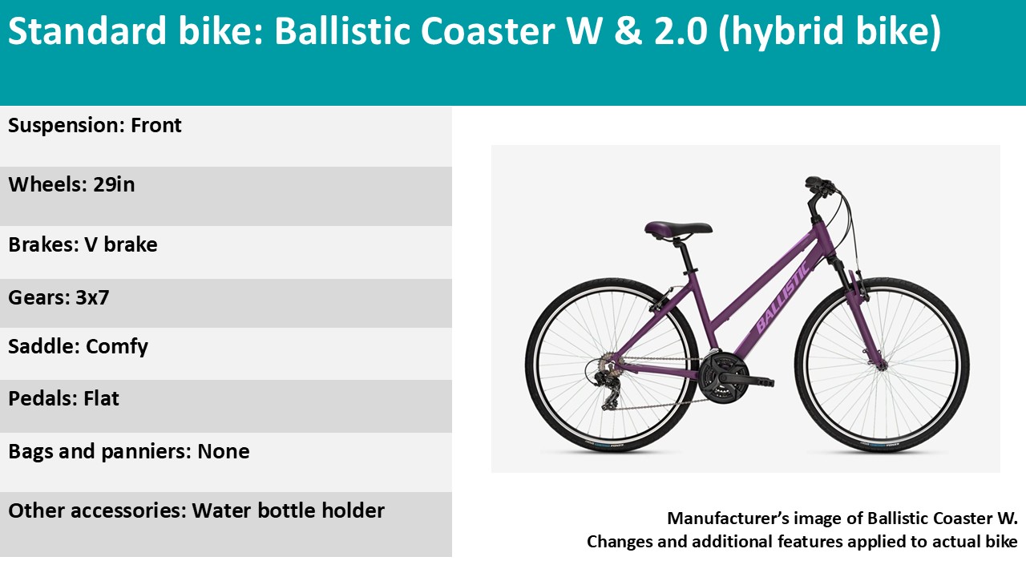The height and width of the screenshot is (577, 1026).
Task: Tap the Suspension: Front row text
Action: [x=95, y=126]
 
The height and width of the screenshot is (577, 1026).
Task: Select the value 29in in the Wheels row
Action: [x=114, y=184]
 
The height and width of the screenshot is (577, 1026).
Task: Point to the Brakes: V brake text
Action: [x=83, y=244]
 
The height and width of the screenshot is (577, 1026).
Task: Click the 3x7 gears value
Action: [x=92, y=297]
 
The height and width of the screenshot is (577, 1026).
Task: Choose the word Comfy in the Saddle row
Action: [x=117, y=347]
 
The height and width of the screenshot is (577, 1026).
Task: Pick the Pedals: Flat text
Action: [x=63, y=398]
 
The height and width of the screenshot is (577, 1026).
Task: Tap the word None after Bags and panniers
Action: [x=224, y=451]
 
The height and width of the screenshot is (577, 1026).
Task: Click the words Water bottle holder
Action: [x=288, y=510]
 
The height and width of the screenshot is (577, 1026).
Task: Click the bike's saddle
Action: [x=678, y=228]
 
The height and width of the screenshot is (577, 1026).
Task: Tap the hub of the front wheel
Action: [x=882, y=365]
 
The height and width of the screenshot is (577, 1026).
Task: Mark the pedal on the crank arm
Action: [x=761, y=381]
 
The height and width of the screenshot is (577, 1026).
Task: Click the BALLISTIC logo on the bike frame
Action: [x=783, y=297]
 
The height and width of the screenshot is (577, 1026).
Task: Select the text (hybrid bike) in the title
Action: [x=830, y=31]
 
